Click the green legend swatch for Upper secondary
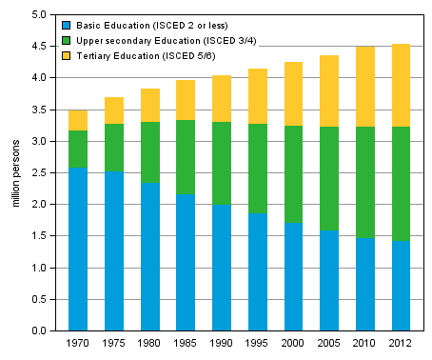click(64, 40)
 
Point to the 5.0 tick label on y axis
click(37, 15)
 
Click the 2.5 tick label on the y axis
click(37, 172)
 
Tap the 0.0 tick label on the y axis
click(37, 330)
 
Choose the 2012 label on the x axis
click(400, 343)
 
